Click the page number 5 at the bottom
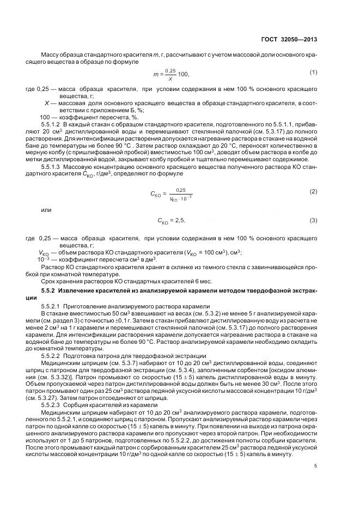click(316, 465)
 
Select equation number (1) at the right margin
click(313, 72)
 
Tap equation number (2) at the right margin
click(313, 191)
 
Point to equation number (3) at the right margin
click(313, 220)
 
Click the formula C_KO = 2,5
click(172, 221)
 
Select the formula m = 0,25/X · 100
click(170, 73)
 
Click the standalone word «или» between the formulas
click(46, 209)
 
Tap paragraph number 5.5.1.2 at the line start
click(53, 125)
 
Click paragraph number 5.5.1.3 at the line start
click(53, 168)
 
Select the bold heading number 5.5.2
click(48, 292)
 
